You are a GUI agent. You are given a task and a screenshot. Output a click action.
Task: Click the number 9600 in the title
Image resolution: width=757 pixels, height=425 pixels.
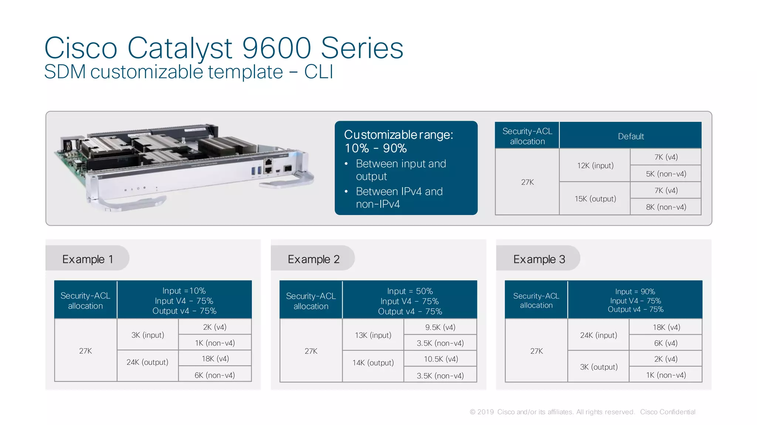tap(276, 48)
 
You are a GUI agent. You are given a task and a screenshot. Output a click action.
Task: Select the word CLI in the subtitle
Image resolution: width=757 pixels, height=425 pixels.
tap(319, 72)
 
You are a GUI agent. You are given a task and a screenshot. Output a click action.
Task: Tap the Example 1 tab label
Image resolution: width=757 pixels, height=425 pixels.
tap(88, 259)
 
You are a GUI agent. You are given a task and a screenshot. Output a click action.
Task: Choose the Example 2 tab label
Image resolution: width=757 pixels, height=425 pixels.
tap(313, 259)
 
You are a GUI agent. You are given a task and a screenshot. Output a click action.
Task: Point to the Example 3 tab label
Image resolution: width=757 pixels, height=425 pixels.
tap(539, 259)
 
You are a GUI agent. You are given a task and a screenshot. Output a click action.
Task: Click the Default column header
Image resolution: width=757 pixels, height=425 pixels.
tap(631, 136)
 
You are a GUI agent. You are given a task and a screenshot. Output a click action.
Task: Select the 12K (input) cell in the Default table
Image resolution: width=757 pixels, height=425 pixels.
tap(595, 165)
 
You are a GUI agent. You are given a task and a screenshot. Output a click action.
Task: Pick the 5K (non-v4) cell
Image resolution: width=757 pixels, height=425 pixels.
tap(666, 174)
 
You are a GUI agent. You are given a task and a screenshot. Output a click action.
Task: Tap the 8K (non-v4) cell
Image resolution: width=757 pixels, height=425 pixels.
tap(666, 207)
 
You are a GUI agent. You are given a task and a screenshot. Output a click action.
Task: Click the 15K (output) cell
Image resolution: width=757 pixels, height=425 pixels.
tap(595, 199)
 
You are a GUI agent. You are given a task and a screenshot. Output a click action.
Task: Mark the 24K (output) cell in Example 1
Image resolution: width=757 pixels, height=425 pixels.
tap(147, 362)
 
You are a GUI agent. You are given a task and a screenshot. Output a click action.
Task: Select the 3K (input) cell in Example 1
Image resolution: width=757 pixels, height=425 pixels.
tap(147, 335)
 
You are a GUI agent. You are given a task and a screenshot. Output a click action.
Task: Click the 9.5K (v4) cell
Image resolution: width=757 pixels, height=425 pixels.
tap(440, 327)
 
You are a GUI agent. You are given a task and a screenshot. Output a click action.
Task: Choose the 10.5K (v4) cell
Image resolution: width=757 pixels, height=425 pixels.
tap(441, 359)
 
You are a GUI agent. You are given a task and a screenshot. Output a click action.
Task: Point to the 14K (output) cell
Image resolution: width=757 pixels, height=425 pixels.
tap(373, 363)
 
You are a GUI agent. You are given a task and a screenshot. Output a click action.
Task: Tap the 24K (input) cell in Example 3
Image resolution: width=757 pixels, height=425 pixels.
tap(598, 335)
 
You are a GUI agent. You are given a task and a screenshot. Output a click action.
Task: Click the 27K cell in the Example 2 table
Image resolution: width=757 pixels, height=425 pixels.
tap(311, 351)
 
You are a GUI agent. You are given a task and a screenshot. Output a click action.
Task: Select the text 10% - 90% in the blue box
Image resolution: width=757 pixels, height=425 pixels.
tap(376, 148)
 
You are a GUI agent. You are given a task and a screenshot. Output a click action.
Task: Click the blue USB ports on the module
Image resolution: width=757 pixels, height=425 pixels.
tap(256, 171)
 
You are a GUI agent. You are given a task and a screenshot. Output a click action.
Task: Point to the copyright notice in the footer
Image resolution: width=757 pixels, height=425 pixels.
tap(582, 412)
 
